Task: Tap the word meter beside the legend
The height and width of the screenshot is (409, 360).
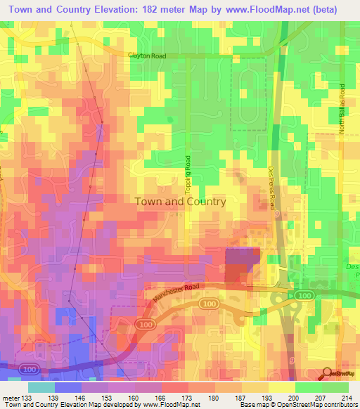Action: coord(11,398)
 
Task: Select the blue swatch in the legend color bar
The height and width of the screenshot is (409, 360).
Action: coord(67,387)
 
